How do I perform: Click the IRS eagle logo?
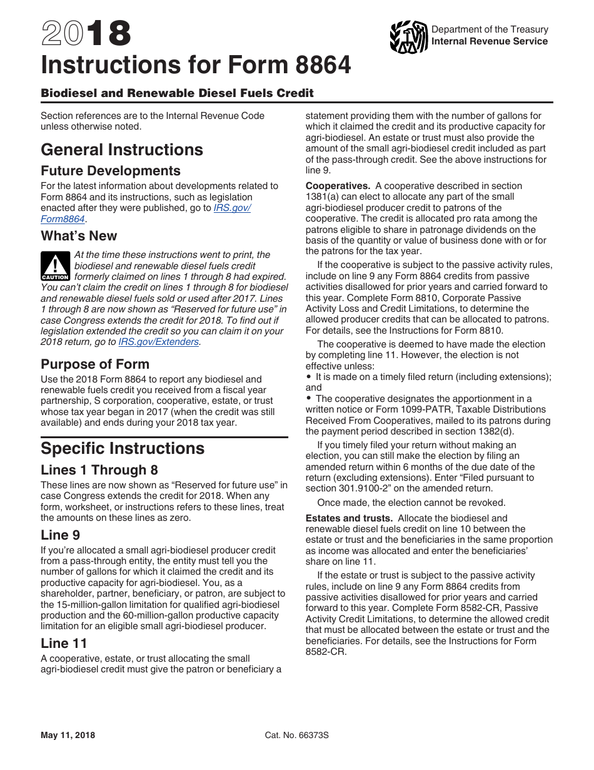(408, 36)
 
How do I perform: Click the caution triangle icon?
(55, 265)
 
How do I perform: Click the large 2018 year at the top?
(86, 34)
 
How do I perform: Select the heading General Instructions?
(122, 150)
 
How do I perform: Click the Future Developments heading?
(111, 171)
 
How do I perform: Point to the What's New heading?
(79, 236)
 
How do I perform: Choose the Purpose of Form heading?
(95, 364)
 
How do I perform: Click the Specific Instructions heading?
(123, 448)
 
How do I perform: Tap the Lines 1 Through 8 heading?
(99, 470)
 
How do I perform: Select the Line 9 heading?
(60, 535)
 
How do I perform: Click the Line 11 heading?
(64, 644)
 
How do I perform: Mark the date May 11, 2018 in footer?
(68, 736)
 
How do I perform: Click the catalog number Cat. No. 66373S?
(297, 736)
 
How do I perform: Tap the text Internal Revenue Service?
(490, 41)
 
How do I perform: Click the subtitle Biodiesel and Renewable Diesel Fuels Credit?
(177, 93)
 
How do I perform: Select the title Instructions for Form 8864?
(196, 65)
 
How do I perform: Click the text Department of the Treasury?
(490, 29)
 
